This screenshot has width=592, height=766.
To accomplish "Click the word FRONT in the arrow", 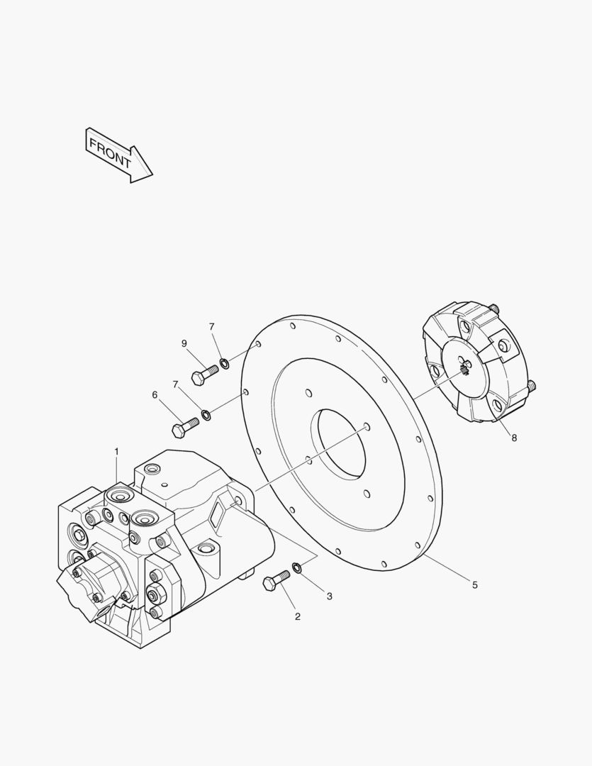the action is (111, 153).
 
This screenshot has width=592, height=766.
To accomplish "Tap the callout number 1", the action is (116, 452).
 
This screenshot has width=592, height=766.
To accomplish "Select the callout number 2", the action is (298, 616).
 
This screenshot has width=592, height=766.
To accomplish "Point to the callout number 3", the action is (329, 596).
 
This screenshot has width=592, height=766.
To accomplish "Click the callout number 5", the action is (475, 584).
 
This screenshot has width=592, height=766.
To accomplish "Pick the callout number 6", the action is (155, 395).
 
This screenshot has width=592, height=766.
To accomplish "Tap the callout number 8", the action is (514, 438).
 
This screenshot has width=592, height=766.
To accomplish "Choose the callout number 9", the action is (184, 343).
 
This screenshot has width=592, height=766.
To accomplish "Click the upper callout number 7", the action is (211, 326).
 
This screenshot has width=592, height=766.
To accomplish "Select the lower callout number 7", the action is (175, 384).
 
